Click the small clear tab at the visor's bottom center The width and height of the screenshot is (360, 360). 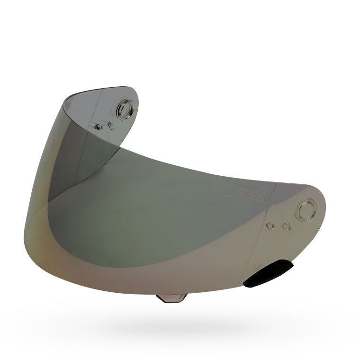pyautogui.click(x=171, y=298)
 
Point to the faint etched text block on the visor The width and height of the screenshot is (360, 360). pyautogui.click(x=237, y=191)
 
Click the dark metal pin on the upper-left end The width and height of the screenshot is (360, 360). pyautogui.click(x=98, y=126)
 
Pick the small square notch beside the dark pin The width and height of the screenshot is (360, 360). pyautogui.click(x=109, y=125)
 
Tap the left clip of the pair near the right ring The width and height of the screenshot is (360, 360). pyautogui.click(x=271, y=225)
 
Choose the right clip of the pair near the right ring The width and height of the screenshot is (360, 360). pyautogui.click(x=285, y=226)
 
